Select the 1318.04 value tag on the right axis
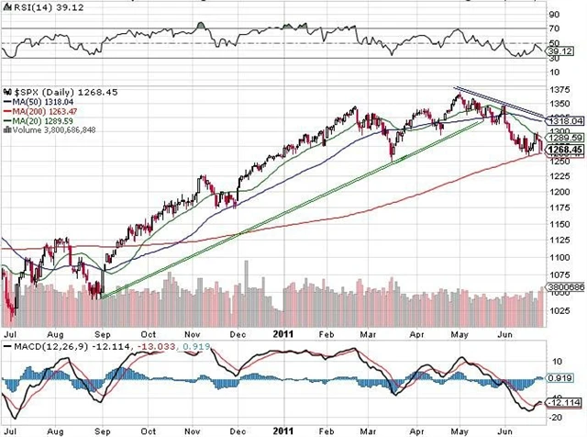click(x=563, y=120)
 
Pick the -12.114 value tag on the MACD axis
click(x=564, y=403)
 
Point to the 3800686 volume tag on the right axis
click(x=564, y=286)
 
